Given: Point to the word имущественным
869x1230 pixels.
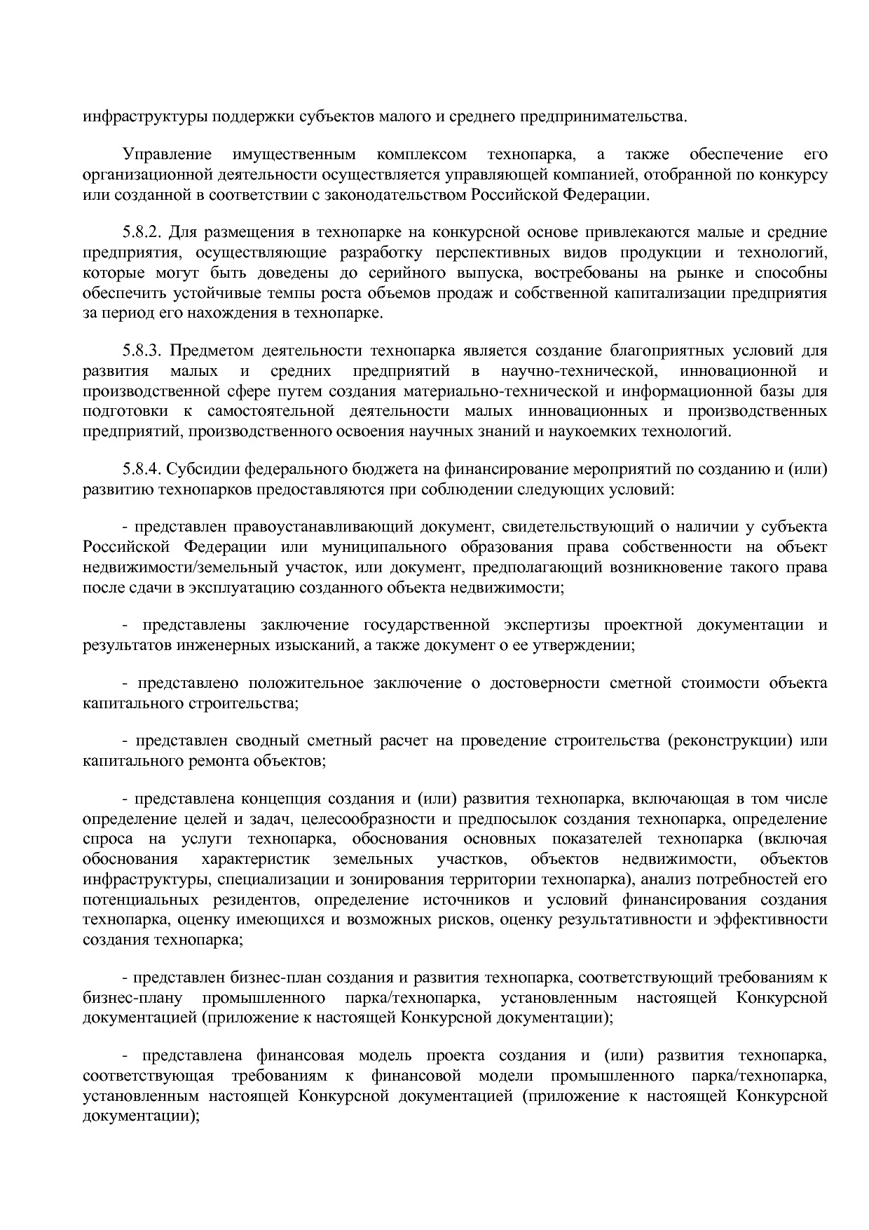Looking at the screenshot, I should coord(295,154).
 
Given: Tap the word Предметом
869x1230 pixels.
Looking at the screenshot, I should coord(213,351).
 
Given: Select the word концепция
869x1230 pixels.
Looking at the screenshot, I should coord(280,799).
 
